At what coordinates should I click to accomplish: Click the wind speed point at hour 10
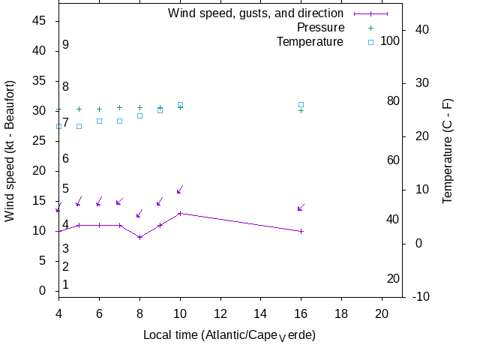180,213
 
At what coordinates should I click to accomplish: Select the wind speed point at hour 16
301,231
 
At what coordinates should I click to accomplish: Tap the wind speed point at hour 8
139,237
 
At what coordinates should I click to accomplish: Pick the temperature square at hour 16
301,105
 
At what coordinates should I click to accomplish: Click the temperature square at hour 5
79,126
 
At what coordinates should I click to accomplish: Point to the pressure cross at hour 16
301,110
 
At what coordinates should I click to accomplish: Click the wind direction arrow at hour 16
301,208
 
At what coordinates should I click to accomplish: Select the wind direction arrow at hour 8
139,214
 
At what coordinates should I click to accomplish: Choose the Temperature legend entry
310,42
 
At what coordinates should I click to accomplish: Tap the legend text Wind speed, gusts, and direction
255,13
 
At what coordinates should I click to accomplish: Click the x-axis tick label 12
220,313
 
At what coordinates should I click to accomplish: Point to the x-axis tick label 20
382,313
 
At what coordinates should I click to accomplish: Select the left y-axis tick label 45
39,21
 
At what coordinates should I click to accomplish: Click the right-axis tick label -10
421,297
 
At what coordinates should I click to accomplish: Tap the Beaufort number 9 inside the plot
66,45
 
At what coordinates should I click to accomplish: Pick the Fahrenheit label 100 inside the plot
390,40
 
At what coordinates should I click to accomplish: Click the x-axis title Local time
229,334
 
